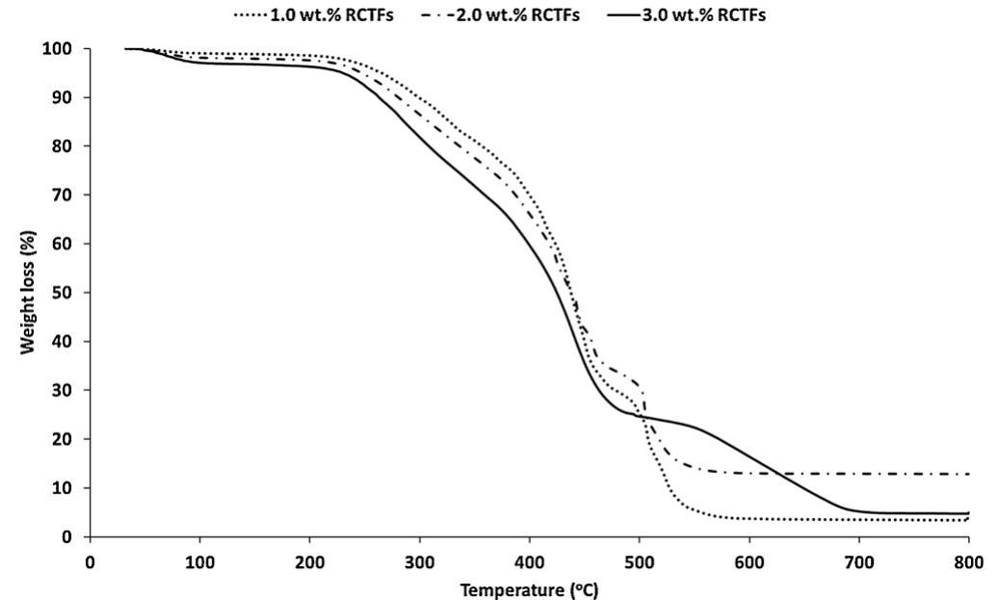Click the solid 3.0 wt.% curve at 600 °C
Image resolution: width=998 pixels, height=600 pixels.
pos(748,457)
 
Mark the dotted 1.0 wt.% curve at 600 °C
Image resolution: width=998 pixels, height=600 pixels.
pos(748,518)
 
